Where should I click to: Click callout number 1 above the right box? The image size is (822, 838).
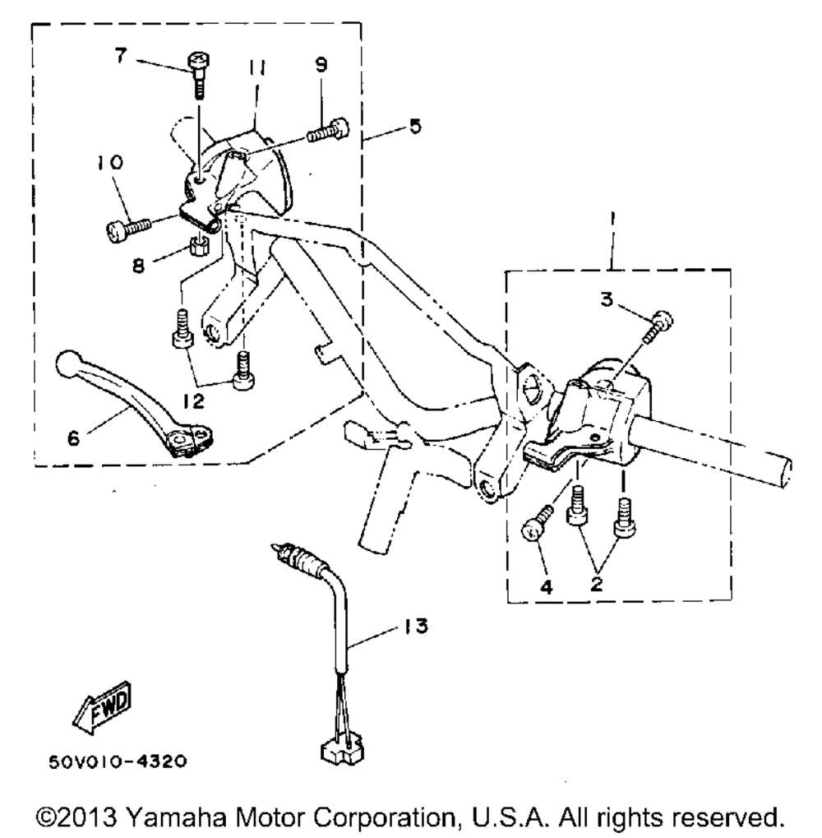click(x=612, y=220)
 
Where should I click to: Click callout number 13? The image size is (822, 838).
click(x=417, y=628)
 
